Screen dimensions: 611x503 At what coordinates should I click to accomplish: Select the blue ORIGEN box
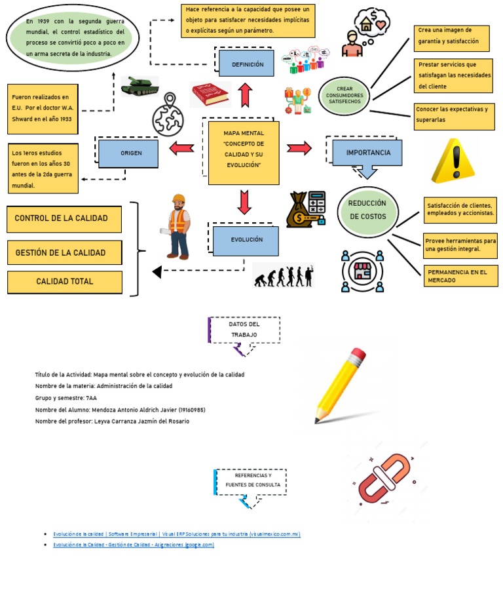point(128,153)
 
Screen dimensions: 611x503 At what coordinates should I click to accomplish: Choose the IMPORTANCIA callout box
point(367,153)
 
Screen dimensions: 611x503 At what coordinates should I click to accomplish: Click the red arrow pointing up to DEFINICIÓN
point(246,96)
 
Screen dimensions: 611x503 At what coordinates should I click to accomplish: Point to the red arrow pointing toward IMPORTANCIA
point(299,148)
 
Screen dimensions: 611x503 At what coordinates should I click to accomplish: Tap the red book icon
point(210,94)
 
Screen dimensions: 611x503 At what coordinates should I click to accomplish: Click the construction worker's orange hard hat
point(178,199)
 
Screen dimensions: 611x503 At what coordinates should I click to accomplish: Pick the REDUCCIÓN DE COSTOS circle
point(367,210)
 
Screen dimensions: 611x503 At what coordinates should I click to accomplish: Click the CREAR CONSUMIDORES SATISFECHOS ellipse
point(344,96)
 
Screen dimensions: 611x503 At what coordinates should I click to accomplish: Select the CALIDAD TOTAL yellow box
point(64,282)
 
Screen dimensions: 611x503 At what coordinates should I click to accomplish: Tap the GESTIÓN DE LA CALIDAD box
point(64,252)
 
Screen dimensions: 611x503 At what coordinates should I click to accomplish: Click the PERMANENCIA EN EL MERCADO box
point(460,276)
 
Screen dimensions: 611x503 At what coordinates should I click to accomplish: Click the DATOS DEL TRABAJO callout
point(244,330)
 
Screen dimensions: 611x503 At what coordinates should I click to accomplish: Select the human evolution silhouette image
point(284,275)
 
